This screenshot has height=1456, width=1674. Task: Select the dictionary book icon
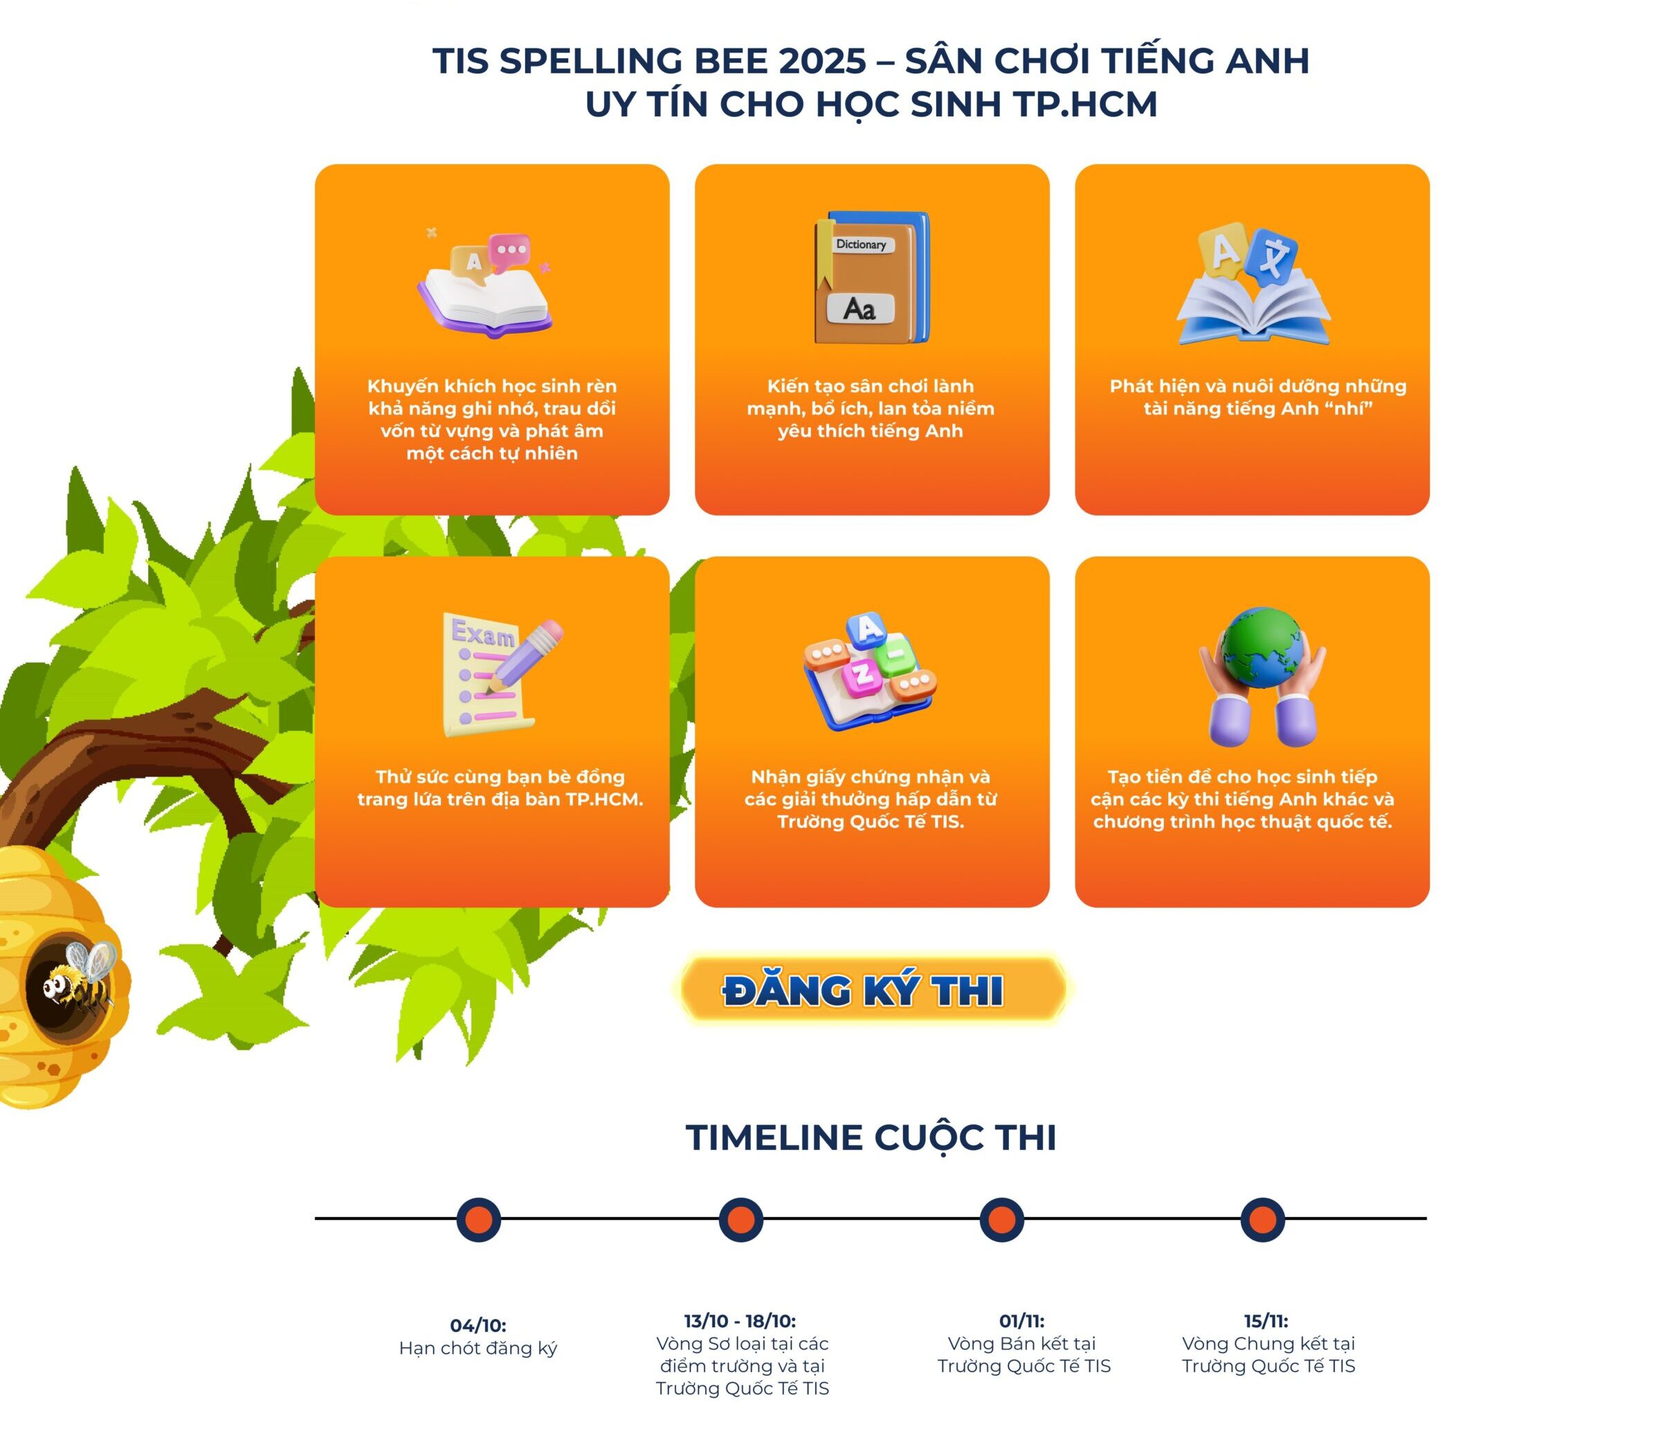click(871, 277)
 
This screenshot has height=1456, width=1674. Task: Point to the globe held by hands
click(1262, 647)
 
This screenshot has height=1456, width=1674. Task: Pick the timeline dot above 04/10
click(478, 1219)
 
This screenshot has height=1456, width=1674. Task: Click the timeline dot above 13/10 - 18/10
click(740, 1219)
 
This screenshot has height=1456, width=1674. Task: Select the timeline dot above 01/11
click(1001, 1219)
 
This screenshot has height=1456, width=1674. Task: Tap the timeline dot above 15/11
click(1262, 1219)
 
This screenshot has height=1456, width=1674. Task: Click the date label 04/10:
click(477, 1325)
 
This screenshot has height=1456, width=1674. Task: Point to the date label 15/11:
click(1266, 1321)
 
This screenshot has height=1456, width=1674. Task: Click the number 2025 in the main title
click(822, 61)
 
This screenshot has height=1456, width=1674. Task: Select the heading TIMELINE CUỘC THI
click(871, 1138)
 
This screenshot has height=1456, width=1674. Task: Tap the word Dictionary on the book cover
click(861, 244)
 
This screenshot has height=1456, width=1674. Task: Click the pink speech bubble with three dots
click(510, 249)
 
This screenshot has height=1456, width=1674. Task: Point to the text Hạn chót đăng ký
click(477, 1349)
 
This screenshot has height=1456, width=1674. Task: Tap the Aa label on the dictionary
click(860, 309)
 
